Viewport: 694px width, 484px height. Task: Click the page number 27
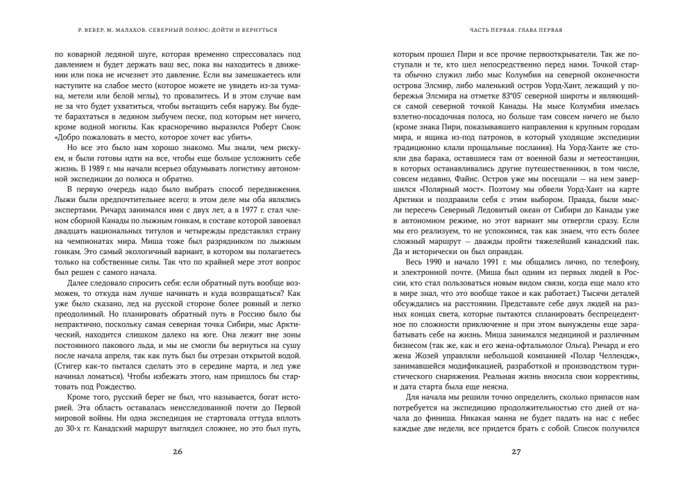click(x=516, y=451)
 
